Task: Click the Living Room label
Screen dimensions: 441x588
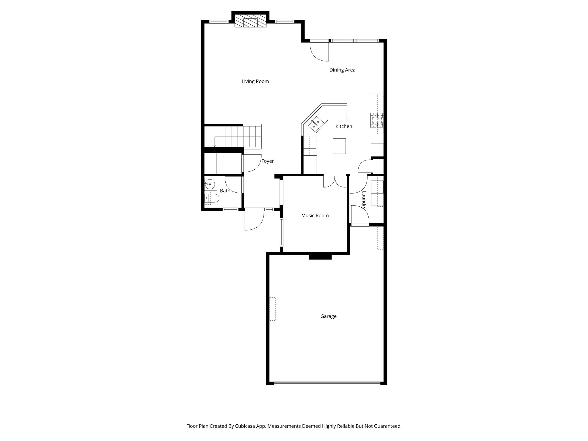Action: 255,82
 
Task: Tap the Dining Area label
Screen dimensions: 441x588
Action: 342,70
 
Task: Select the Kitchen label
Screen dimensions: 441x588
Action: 344,126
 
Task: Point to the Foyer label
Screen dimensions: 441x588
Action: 267,161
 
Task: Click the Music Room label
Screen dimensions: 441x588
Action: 315,216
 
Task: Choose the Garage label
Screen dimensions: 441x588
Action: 328,316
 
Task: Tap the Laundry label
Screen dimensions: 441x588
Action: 364,200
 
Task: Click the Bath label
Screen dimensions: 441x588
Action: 225,191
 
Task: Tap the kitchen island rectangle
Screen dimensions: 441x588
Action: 339,146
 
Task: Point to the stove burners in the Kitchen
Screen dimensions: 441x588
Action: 377,120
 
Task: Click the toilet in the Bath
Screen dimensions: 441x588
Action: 212,198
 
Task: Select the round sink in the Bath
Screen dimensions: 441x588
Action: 211,184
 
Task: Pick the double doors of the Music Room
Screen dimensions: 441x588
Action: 334,181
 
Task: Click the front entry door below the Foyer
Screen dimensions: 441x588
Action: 254,220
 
